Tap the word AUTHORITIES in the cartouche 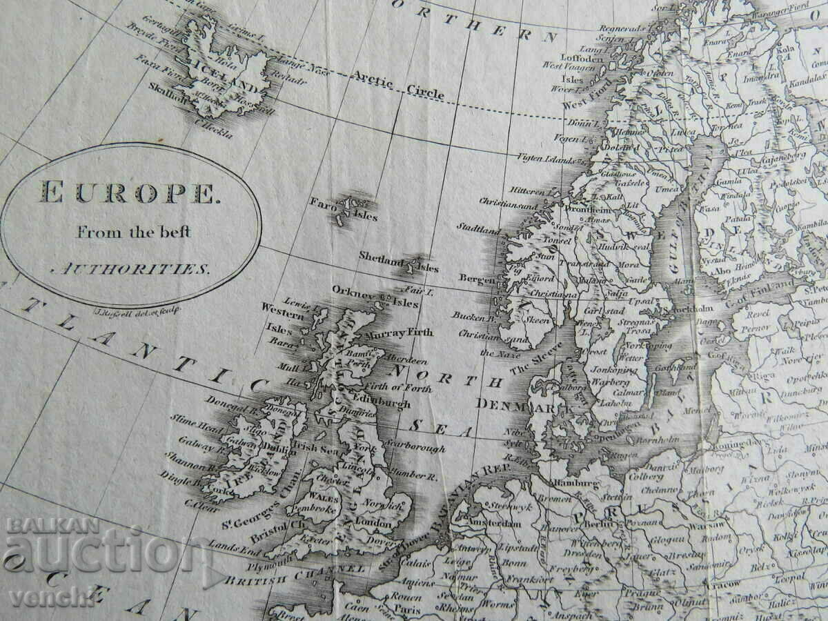[131, 269]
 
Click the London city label [373, 524]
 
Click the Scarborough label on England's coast [416, 448]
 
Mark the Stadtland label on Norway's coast [479, 227]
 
